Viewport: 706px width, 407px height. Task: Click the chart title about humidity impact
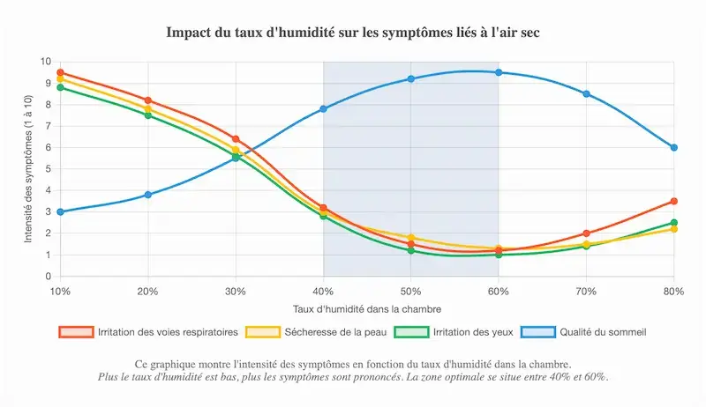[353, 33]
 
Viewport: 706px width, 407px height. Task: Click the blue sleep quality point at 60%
[499, 72]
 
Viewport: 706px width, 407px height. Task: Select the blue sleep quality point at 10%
[60, 212]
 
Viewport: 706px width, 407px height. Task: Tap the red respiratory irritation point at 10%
[60, 72]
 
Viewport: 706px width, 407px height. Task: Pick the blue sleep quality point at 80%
[673, 148]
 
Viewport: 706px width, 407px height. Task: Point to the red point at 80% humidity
[673, 202]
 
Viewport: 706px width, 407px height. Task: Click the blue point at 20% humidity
[148, 195]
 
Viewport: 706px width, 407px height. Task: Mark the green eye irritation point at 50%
[411, 251]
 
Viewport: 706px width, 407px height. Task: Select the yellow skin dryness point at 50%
[411, 238]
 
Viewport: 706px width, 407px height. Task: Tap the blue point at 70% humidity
[586, 93]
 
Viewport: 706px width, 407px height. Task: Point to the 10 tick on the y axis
[46, 62]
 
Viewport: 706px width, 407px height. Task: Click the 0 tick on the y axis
[49, 277]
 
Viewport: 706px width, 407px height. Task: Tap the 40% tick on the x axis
[323, 291]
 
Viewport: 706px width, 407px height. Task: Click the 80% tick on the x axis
[672, 291]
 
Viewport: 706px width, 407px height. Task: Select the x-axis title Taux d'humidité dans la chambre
[366, 309]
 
